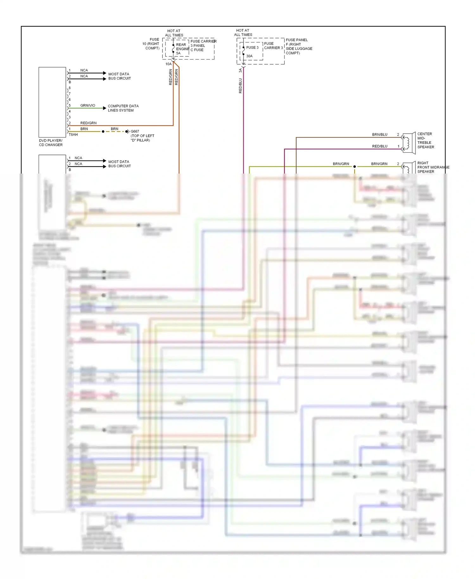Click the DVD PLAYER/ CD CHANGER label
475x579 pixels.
click(x=51, y=143)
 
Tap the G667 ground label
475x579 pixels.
click(x=135, y=131)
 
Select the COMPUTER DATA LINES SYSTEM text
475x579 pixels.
click(x=123, y=108)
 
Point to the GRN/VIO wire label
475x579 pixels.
click(x=88, y=105)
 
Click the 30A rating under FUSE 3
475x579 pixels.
click(x=250, y=56)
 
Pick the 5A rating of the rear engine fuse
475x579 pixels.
click(x=178, y=53)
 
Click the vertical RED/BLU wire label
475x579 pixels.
click(x=240, y=86)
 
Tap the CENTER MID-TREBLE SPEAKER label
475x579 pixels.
click(x=426, y=140)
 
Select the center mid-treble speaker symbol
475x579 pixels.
click(x=409, y=143)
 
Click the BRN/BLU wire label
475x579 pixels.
click(x=380, y=135)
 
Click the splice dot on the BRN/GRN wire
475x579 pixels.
click(x=355, y=167)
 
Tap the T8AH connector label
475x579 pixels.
click(x=73, y=135)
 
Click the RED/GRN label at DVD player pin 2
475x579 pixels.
click(x=88, y=123)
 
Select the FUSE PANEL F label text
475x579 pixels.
click(x=299, y=46)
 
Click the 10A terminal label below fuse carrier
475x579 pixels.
click(x=168, y=64)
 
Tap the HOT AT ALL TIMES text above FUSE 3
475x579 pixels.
click(x=243, y=33)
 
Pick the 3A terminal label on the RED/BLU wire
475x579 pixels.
click(x=240, y=70)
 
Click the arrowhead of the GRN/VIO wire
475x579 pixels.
click(x=105, y=108)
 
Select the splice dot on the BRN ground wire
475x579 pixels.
click(x=103, y=131)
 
